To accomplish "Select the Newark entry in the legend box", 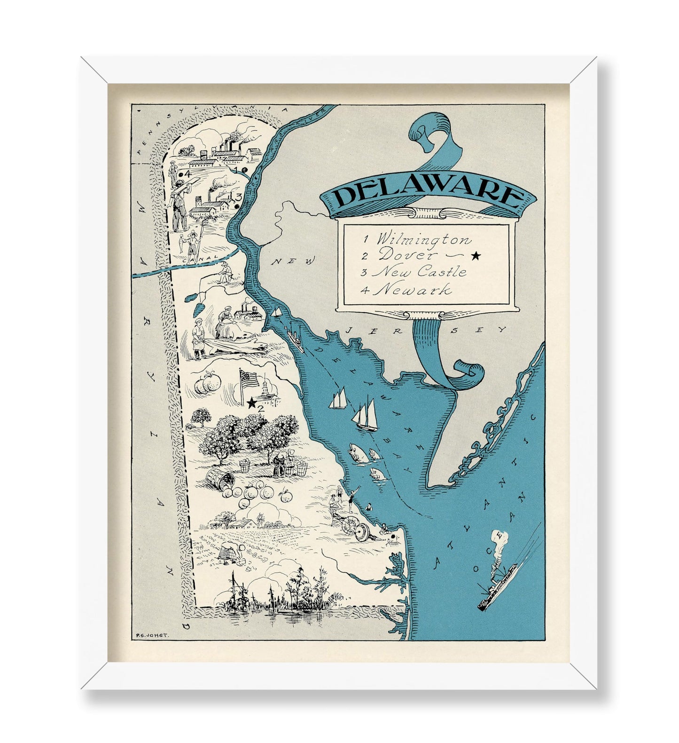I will (x=414, y=290).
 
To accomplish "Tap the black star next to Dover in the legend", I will (x=476, y=256).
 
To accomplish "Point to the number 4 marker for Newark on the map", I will (x=186, y=174).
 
